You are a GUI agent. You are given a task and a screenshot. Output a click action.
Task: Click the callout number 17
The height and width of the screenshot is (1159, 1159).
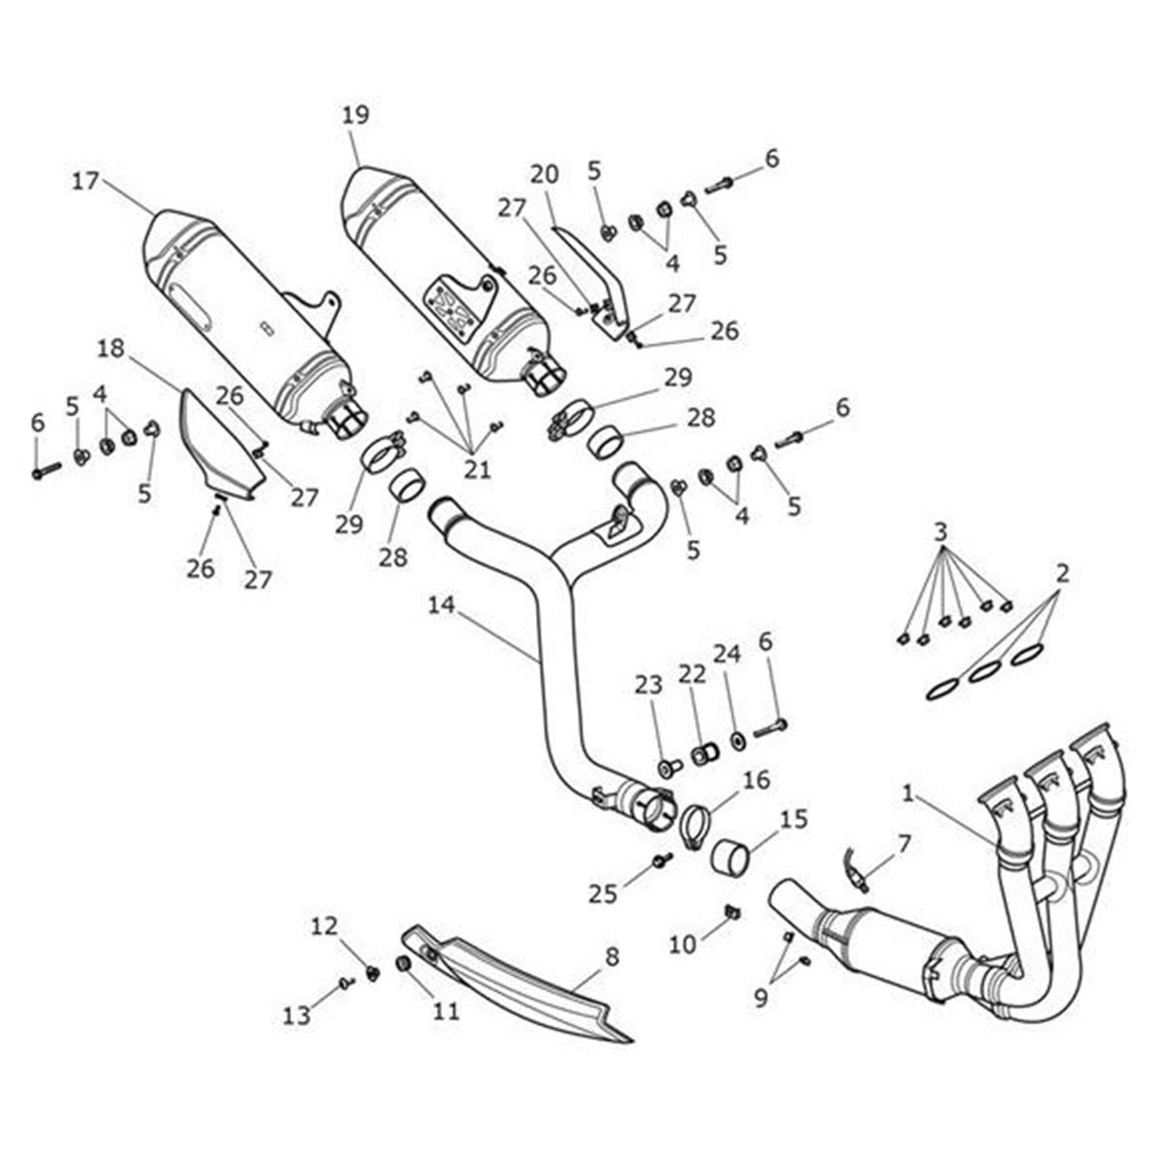point(86,181)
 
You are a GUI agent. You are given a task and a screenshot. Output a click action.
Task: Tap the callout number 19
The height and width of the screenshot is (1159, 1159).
point(355,117)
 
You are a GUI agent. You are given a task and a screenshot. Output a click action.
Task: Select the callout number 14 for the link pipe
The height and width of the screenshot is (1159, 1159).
point(443,606)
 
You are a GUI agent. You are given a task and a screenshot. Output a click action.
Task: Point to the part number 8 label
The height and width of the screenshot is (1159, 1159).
point(611,958)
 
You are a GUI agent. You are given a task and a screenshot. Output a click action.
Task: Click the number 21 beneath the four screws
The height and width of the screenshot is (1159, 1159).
point(477,470)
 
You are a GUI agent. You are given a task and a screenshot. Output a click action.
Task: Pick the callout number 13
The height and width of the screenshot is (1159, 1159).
point(297,1015)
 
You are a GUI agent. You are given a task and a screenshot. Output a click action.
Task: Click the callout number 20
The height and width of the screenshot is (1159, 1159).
point(545,175)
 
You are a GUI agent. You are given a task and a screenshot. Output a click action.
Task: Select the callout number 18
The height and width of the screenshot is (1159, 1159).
point(112,349)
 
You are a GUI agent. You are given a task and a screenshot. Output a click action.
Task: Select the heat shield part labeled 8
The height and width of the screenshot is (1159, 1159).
point(522,980)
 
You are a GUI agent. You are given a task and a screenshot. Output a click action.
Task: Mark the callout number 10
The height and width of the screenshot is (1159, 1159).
point(683,945)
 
